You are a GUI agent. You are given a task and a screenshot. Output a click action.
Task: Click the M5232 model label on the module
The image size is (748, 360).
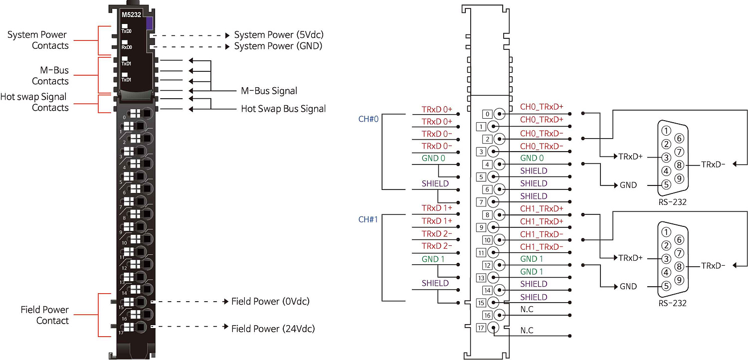tap(130, 15)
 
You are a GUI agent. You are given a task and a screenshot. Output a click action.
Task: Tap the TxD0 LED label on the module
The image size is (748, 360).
tap(126, 31)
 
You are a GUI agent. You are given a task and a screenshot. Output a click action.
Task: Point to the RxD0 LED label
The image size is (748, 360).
tap(127, 47)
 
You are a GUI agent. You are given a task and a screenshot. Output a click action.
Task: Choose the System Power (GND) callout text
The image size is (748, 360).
tap(278, 46)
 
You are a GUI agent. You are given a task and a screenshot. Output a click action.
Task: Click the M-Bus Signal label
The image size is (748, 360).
tap(269, 91)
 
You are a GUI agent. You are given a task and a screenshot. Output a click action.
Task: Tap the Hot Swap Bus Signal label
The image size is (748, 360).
tap(283, 108)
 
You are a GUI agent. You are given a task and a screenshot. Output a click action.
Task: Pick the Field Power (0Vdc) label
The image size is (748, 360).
tap(270, 301)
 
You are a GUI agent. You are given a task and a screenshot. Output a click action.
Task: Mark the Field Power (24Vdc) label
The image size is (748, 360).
tap(273, 329)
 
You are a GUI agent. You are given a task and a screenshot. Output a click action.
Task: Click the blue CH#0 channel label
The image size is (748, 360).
tap(369, 119)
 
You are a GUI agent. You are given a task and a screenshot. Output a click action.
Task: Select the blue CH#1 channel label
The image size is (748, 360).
tap(369, 219)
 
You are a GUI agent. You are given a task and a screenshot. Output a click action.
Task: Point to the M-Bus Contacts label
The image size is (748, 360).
tap(50, 76)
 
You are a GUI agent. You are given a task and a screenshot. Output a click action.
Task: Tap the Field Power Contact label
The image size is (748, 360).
tap(44, 315)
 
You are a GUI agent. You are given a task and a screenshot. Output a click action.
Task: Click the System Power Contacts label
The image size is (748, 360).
tap(37, 40)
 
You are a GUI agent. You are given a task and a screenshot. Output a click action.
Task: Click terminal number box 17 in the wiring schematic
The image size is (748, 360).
tap(481, 328)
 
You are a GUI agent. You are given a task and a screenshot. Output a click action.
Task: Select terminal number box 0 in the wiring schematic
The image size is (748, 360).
tap(487, 114)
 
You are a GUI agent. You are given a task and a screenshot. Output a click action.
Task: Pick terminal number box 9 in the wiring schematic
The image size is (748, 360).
tap(481, 227)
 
